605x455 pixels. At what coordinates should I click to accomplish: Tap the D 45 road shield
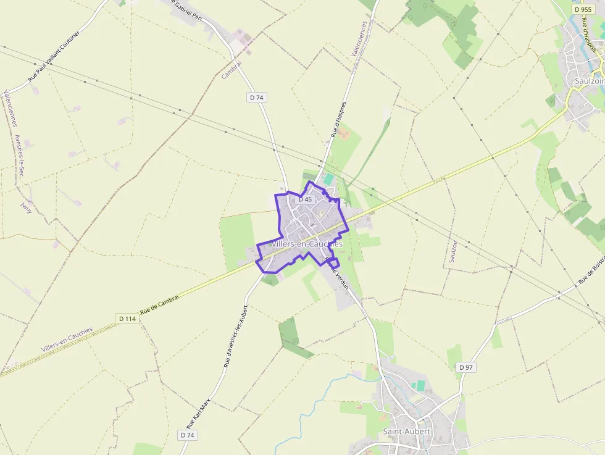pyautogui.click(x=306, y=199)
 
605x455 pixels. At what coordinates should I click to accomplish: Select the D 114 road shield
pyautogui.click(x=126, y=318)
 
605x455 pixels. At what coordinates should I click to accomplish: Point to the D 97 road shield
pyautogui.click(x=466, y=367)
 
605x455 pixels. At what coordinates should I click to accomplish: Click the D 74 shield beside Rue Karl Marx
pyautogui.click(x=188, y=435)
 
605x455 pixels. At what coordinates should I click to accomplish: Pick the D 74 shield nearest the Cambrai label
pyautogui.click(x=257, y=98)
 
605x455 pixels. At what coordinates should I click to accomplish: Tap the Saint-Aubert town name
pyautogui.click(x=406, y=432)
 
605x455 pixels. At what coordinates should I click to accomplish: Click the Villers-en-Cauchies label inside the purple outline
pyautogui.click(x=307, y=244)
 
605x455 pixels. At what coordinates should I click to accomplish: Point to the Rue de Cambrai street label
pyautogui.click(x=159, y=304)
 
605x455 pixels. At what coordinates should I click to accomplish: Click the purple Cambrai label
pyautogui.click(x=232, y=70)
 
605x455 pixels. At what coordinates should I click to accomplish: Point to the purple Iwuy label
pyautogui.click(x=25, y=206)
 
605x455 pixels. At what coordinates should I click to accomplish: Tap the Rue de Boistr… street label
pyautogui.click(x=591, y=271)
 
